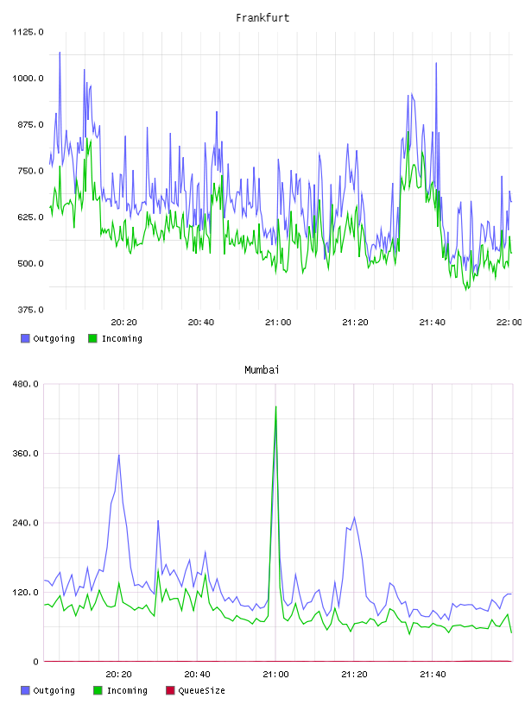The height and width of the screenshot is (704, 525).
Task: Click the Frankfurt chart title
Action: click(x=262, y=18)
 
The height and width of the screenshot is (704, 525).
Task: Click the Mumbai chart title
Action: click(x=262, y=370)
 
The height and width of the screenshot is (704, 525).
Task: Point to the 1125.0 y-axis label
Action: click(x=28, y=32)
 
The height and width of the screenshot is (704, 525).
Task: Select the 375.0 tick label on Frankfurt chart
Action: click(x=30, y=310)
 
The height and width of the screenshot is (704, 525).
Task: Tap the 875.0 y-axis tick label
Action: click(x=30, y=124)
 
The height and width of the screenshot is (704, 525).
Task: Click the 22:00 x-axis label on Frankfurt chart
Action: click(x=509, y=323)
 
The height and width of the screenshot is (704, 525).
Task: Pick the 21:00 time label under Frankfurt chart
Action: click(x=278, y=323)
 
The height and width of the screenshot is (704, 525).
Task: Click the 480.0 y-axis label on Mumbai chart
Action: click(x=26, y=384)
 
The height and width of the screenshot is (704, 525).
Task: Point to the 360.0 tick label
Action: click(x=26, y=454)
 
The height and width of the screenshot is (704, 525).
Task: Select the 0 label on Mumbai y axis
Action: click(x=36, y=662)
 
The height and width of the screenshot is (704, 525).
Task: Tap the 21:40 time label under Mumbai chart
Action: click(x=433, y=675)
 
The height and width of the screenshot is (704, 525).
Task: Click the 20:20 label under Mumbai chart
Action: click(x=118, y=675)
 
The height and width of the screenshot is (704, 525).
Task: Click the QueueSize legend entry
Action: click(x=195, y=690)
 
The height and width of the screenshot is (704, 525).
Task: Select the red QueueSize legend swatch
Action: click(x=170, y=690)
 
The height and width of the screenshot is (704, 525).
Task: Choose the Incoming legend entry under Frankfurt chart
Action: click(x=116, y=338)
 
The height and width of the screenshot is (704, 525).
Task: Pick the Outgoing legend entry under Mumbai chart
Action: click(x=48, y=690)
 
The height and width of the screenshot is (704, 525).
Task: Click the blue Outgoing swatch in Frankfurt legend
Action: click(x=25, y=338)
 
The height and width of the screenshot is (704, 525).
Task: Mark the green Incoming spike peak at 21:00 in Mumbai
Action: click(x=275, y=406)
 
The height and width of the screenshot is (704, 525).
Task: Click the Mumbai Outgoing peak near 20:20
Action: click(x=118, y=456)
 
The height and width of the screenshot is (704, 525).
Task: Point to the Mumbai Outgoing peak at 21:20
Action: click(x=354, y=518)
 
